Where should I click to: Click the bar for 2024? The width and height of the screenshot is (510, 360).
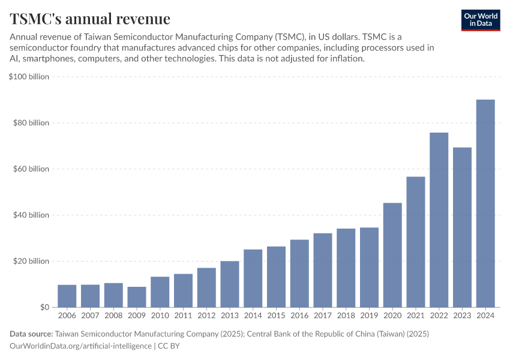click(x=485, y=203)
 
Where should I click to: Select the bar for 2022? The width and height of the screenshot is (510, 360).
click(x=439, y=220)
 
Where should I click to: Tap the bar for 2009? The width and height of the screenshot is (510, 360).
click(x=137, y=297)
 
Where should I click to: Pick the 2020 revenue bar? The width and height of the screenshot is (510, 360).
click(x=392, y=255)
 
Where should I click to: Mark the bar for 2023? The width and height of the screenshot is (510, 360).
click(x=462, y=227)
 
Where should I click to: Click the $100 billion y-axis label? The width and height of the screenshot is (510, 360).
click(x=29, y=77)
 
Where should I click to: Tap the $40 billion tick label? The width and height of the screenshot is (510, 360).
click(x=31, y=215)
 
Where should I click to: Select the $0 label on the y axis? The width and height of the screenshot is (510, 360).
click(x=44, y=307)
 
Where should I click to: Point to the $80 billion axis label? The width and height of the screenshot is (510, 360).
click(x=31, y=123)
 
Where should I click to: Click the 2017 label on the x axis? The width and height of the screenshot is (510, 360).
click(x=323, y=315)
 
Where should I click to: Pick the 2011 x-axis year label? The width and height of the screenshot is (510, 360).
click(x=184, y=315)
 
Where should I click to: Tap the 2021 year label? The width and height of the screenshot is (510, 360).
click(x=416, y=315)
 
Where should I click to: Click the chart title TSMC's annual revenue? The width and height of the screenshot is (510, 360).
click(x=89, y=19)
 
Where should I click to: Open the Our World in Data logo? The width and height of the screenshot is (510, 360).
click(x=480, y=20)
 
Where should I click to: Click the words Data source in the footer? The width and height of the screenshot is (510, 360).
click(x=31, y=334)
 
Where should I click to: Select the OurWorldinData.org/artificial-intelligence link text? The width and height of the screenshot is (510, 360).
click(x=81, y=346)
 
